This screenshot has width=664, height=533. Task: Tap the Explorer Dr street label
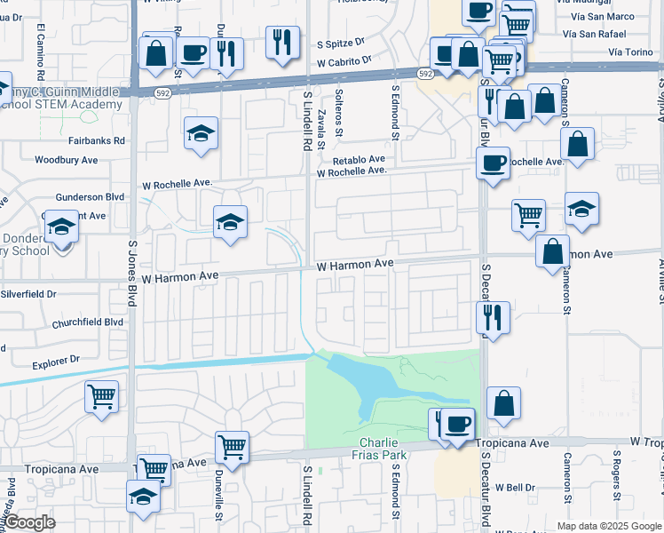56,361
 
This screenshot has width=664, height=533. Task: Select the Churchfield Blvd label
87,322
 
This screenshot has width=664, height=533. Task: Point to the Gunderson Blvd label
90,198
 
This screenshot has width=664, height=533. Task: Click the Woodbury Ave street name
66,161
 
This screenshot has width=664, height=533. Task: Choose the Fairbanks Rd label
97,140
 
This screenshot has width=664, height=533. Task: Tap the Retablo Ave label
359,160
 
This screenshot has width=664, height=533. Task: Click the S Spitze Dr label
341,42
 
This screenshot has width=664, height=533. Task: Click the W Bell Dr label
516,487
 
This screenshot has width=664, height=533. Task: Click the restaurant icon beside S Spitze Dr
282,41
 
